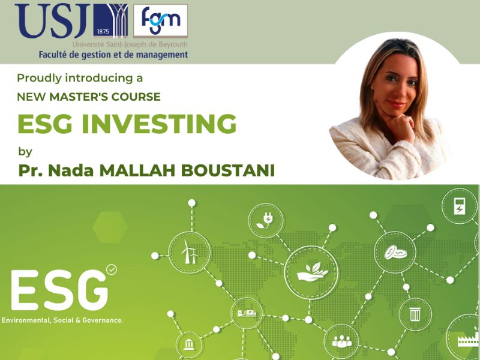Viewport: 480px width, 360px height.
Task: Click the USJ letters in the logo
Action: coord(52,21)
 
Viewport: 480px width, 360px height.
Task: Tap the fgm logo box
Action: coord(160,21)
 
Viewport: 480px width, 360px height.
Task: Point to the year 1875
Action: coord(103,31)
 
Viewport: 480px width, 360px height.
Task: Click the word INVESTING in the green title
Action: coord(159,124)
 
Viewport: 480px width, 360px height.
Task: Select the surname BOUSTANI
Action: coord(227,170)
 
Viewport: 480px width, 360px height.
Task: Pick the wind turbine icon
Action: coord(190,252)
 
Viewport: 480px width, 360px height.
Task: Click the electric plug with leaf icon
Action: coord(265,220)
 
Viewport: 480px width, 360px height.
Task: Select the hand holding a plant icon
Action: coord(312,272)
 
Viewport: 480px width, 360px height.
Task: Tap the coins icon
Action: coord(395,252)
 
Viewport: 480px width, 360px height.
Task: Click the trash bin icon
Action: coord(415,314)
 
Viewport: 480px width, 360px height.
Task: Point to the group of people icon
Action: coord(341,341)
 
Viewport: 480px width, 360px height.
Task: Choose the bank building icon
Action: coord(189,344)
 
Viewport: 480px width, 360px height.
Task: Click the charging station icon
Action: coord(459,206)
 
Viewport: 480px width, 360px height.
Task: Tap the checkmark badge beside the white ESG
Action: coord(112,269)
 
